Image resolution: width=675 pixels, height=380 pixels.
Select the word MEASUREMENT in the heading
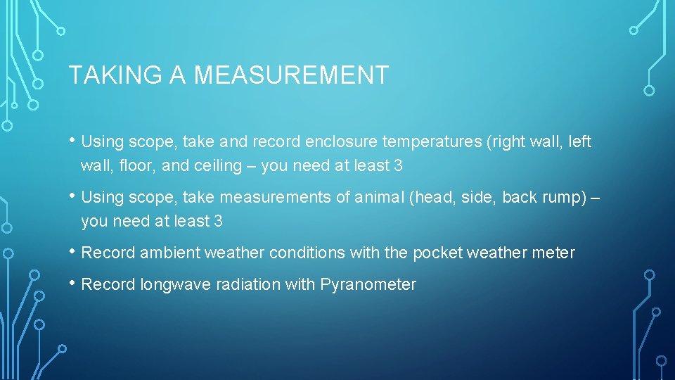click(x=291, y=75)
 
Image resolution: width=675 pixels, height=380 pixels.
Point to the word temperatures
click(x=431, y=142)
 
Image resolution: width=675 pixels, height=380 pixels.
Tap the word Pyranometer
click(x=368, y=285)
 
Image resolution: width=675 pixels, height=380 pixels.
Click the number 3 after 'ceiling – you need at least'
click(x=399, y=166)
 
